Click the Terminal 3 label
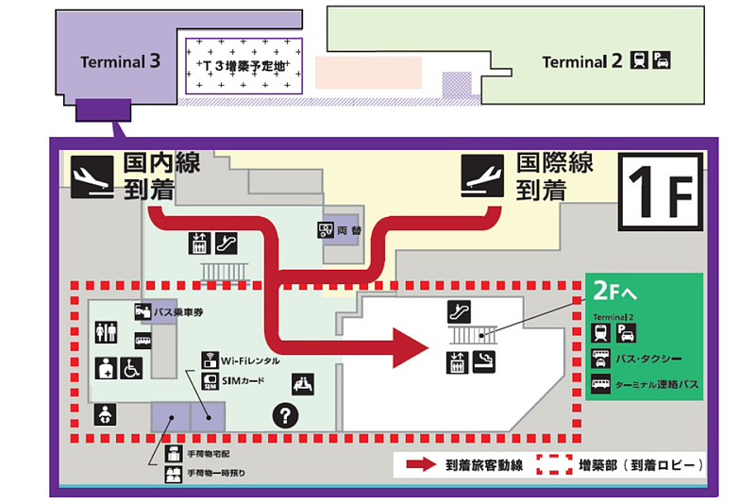pos(120,62)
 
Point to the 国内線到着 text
pos(161,176)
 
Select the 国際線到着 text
pos(554,176)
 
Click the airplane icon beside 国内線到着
pos(93,176)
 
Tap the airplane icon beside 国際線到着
pos(485,176)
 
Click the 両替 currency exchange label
pos(349,229)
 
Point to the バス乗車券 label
pos(181,310)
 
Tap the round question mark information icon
pos(285,413)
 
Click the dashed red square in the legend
pos(556,464)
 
